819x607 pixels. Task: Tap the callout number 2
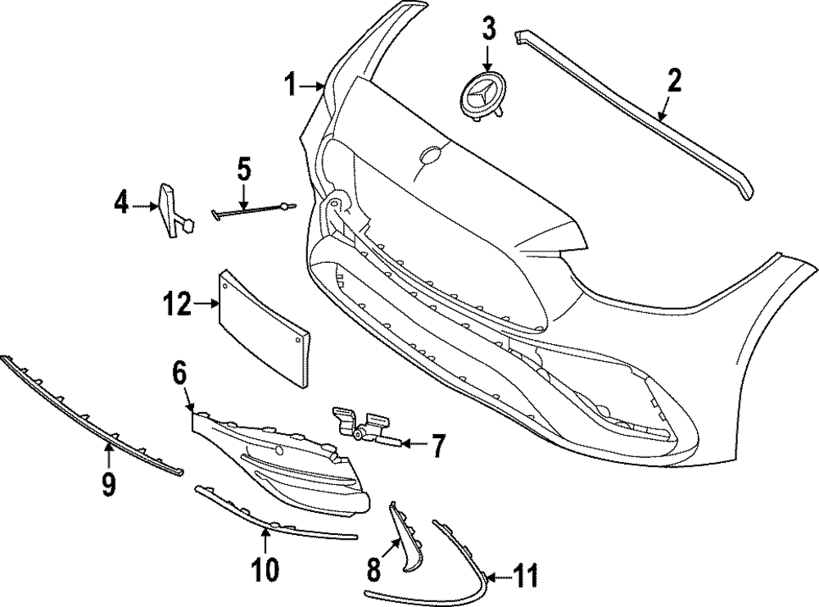(674, 81)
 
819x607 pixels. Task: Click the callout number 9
(108, 485)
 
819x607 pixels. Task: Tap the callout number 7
(438, 446)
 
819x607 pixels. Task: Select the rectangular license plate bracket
(264, 327)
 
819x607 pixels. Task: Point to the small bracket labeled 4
(171, 209)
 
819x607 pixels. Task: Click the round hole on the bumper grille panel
(428, 153)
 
